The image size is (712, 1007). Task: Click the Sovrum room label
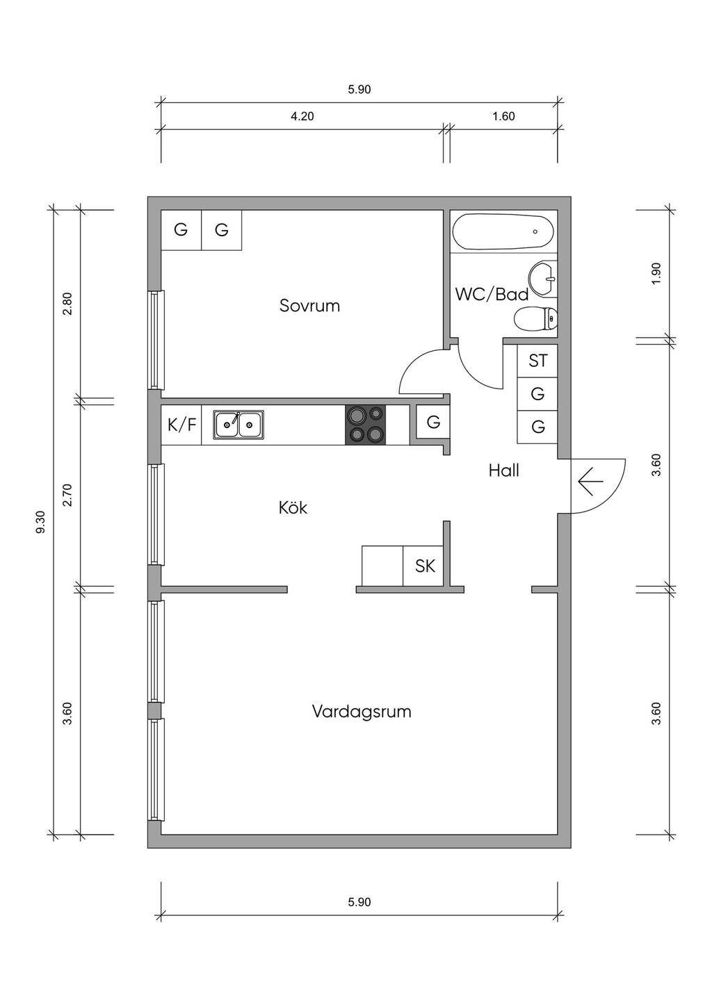[309, 305]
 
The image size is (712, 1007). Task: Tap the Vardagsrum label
[361, 712]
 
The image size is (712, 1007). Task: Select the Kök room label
[293, 507]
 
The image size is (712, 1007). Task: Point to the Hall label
[503, 470]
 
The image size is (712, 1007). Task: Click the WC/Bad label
[492, 294]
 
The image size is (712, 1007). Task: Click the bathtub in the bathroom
[503, 231]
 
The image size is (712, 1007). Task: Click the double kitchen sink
[238, 424]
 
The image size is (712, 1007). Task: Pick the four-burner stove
[365, 424]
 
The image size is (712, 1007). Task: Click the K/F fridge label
[181, 424]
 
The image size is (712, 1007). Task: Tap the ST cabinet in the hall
[537, 361]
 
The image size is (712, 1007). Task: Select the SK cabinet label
[425, 566]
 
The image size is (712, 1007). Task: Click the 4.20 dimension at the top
[302, 116]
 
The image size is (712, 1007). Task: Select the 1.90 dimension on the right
[656, 274]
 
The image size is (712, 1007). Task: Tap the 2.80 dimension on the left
[67, 303]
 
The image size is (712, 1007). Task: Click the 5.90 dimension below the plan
[359, 902]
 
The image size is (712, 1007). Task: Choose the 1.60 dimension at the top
[503, 116]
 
